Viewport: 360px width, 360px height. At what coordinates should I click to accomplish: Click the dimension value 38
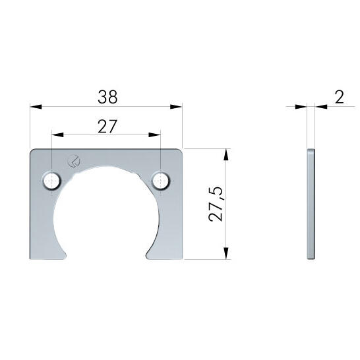click(107, 97)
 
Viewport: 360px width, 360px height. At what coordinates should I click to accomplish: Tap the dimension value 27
click(107, 127)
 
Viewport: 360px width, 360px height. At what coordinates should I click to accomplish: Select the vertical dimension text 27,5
click(216, 204)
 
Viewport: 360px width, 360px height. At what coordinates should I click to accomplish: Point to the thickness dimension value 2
click(339, 97)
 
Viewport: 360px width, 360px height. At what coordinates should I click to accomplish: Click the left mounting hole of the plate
click(52, 181)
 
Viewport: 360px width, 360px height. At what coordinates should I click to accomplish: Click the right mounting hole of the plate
click(161, 181)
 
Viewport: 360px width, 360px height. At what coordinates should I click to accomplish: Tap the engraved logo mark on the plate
click(74, 161)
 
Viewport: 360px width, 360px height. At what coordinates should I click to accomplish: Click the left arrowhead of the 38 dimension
click(36, 107)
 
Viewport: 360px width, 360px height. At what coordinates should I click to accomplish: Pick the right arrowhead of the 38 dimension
click(176, 107)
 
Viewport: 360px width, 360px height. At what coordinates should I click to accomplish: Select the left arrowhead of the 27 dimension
click(57, 135)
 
